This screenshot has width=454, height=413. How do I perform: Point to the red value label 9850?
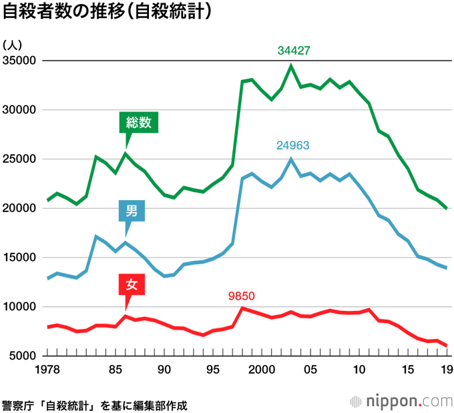tap(242, 296)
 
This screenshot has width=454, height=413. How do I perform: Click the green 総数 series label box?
tap(139, 123)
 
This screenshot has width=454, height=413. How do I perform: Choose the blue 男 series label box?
tap(132, 212)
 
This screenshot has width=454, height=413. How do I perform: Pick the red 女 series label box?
tap(132, 285)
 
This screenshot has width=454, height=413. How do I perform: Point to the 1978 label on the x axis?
tap(48, 370)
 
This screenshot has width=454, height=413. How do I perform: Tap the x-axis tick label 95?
tap(212, 370)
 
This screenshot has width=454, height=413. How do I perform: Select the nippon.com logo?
tap(401, 402)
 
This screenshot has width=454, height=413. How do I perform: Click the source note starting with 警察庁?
tap(94, 404)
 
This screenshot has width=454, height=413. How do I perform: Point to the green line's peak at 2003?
tap(291, 65)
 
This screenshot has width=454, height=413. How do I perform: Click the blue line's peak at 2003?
tap(291, 159)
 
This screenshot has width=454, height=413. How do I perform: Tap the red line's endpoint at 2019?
tap(447, 346)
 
